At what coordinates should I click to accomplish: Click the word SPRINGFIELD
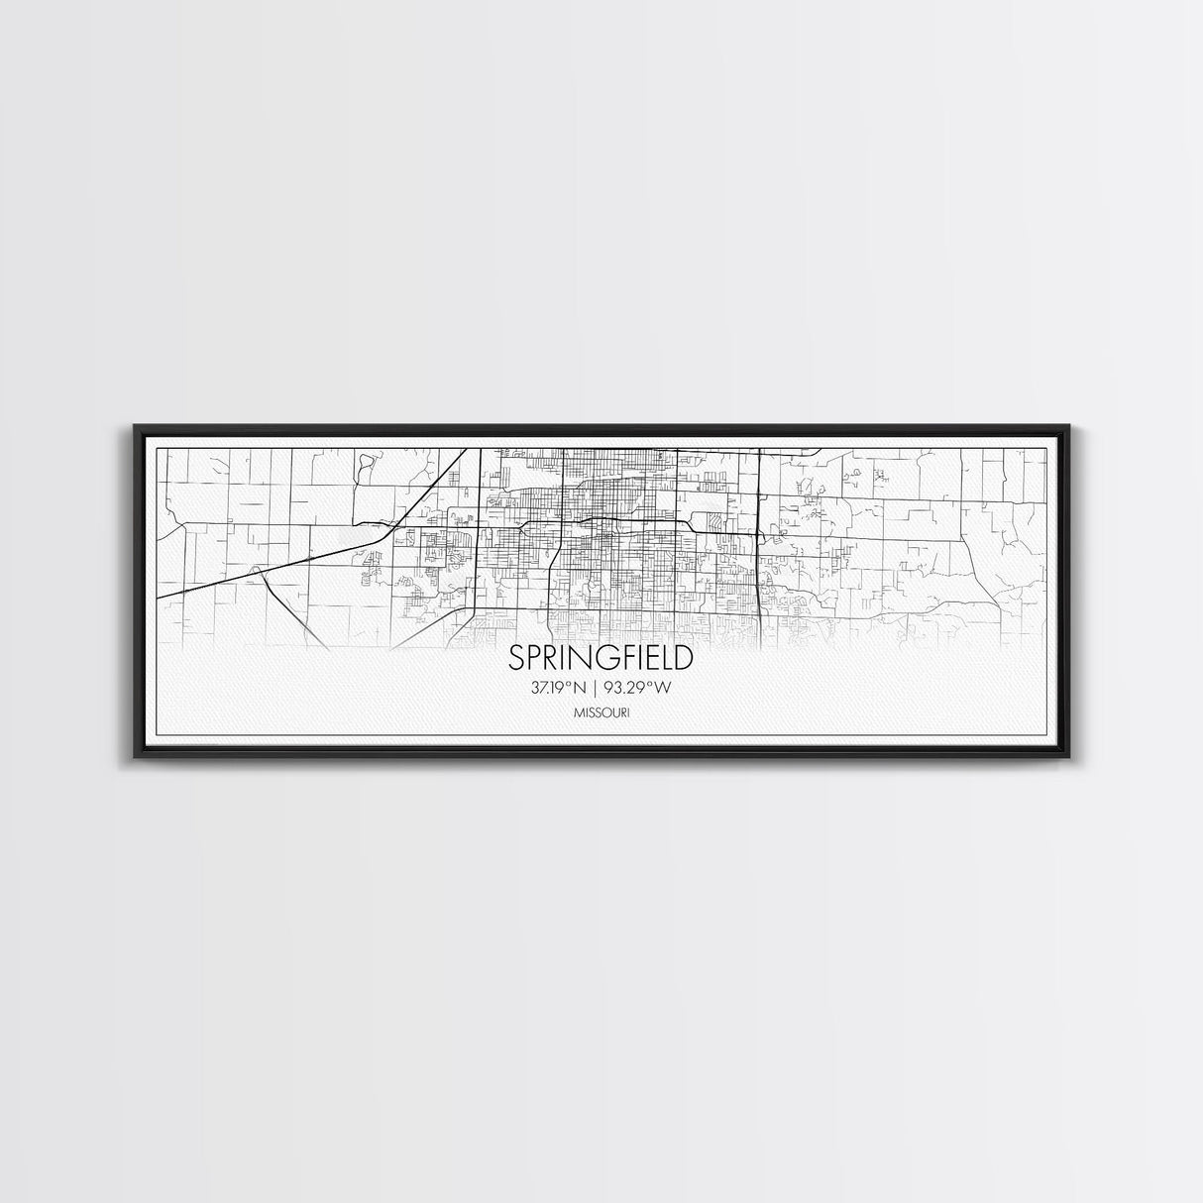[x=601, y=658]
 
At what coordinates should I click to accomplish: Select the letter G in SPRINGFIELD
[x=591, y=658]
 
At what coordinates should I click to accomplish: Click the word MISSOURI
[x=601, y=711]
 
